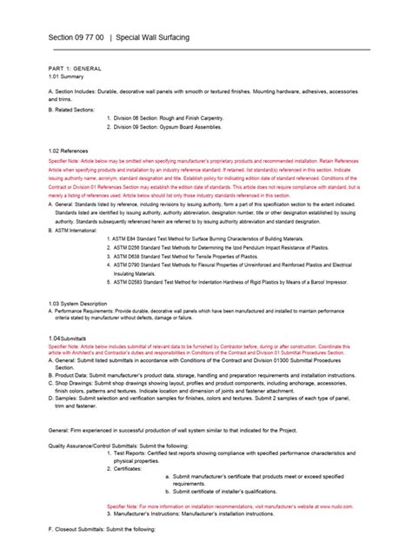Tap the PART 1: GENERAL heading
click(x=75, y=68)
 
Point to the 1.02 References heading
click(x=70, y=150)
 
